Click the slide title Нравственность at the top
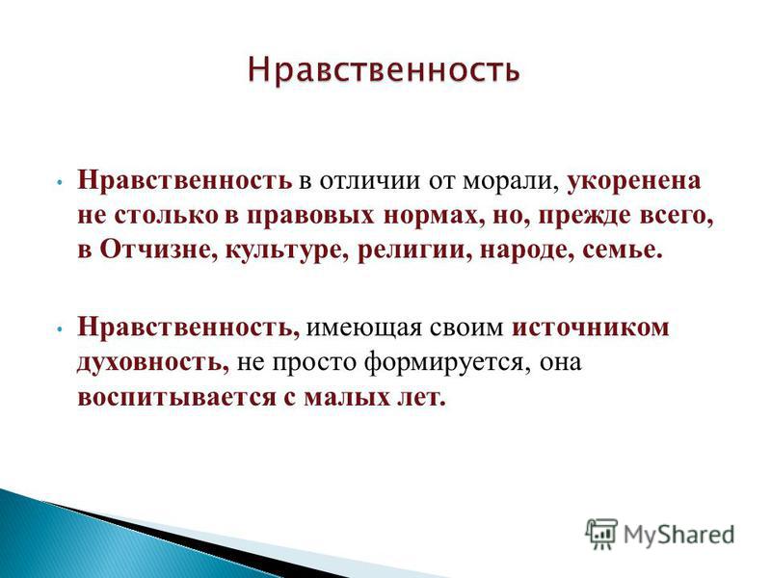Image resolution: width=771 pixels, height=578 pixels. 384,69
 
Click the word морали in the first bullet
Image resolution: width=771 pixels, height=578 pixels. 510,181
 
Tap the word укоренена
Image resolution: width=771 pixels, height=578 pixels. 634,181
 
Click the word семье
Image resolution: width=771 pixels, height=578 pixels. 620,250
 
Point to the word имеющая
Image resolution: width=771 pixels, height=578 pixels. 363,328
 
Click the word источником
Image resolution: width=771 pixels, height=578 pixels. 590,328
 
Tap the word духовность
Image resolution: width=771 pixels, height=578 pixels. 153,363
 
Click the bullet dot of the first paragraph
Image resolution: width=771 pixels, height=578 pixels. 59,182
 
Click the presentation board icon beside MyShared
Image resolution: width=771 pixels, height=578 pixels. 601,534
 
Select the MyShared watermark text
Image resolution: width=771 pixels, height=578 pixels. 678,535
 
